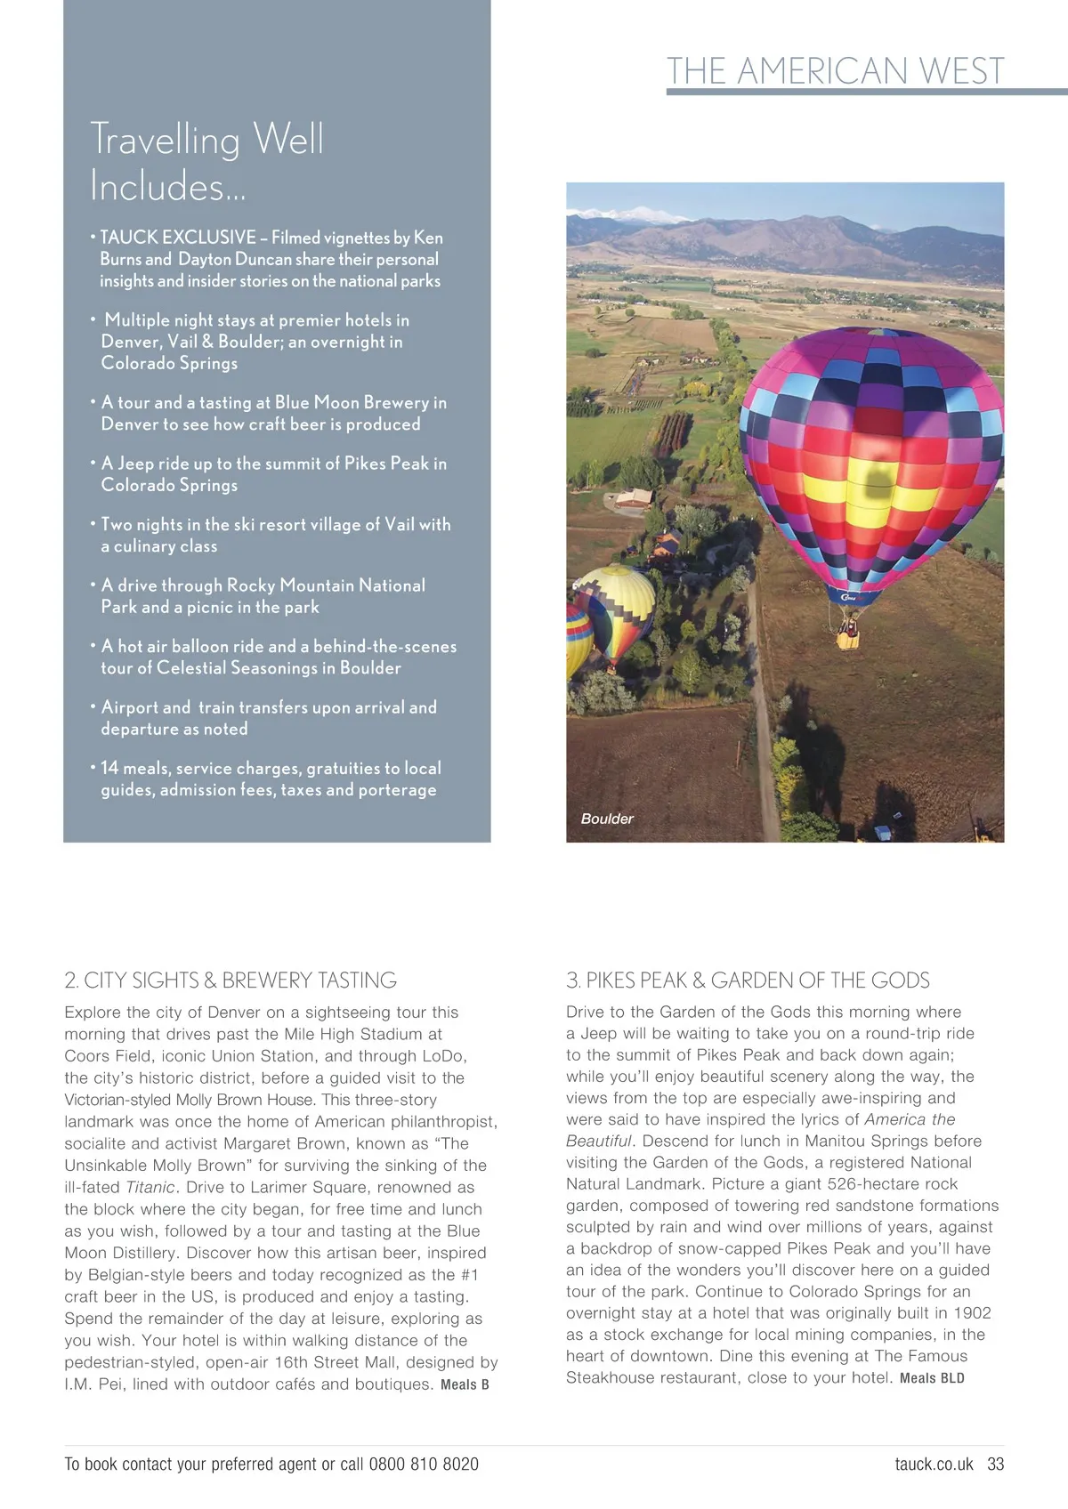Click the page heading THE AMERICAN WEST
point(835,71)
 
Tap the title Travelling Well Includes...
point(206,163)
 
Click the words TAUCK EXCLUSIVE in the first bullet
point(177,238)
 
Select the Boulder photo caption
point(607,819)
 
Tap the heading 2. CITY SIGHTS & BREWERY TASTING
point(231,980)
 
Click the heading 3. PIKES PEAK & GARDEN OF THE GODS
point(748,980)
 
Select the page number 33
point(995,1464)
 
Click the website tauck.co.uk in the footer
point(934,1464)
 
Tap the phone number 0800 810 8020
point(423,1464)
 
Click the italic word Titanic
point(150,1187)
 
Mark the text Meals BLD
point(932,1378)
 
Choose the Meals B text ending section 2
point(465,1384)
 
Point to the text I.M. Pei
point(90,1384)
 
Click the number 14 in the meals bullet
point(109,768)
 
